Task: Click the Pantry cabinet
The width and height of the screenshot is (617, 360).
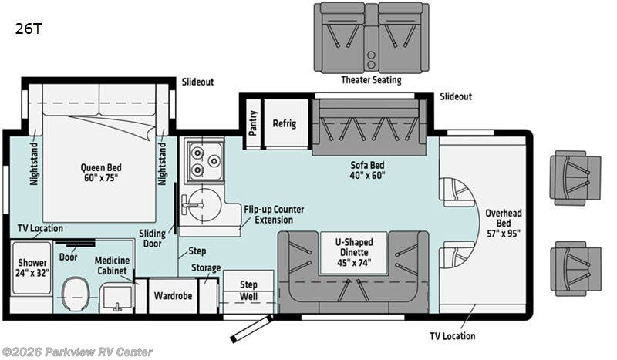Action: (x=254, y=122)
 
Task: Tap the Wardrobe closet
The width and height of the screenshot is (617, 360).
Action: (x=172, y=294)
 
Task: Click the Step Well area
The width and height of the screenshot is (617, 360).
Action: (x=248, y=291)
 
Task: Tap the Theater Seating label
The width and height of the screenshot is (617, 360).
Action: (x=371, y=79)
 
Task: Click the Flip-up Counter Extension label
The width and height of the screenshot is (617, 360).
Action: (x=274, y=215)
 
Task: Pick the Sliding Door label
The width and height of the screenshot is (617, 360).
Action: (x=153, y=237)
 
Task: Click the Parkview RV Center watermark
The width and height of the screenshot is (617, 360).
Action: (x=77, y=352)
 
